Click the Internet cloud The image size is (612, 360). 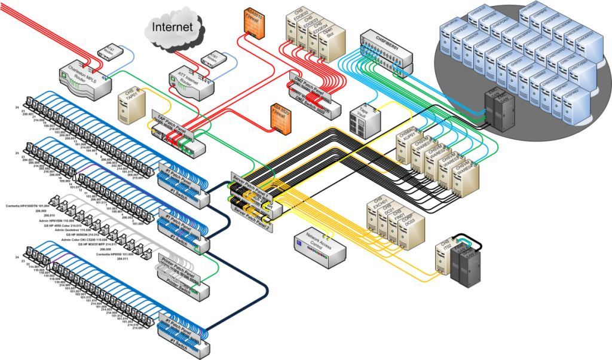point(172,27)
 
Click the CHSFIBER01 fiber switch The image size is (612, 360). point(386,48)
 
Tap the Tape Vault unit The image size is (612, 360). point(365,120)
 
